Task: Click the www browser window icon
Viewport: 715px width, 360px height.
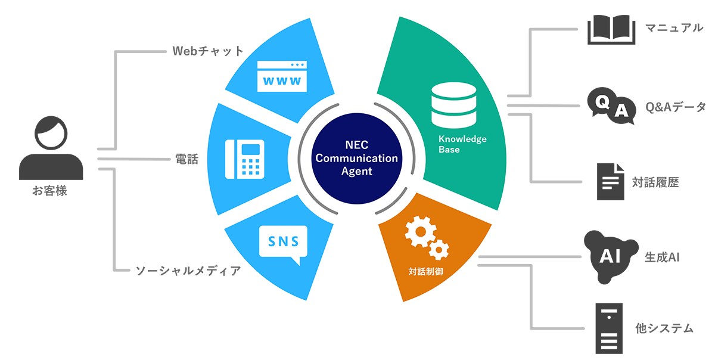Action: pyautogui.click(x=280, y=76)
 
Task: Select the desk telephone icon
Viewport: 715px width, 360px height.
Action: pyautogui.click(x=244, y=159)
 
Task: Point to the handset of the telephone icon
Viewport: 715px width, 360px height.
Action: pyautogui.click(x=231, y=159)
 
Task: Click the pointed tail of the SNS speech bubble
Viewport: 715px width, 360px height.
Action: pyautogui.click(x=296, y=260)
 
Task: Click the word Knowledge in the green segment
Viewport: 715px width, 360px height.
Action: pyautogui.click(x=462, y=139)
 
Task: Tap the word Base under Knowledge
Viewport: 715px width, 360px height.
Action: pyautogui.click(x=449, y=150)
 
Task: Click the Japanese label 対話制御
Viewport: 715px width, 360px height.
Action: pyautogui.click(x=425, y=271)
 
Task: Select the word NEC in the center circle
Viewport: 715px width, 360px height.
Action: pyautogui.click(x=357, y=145)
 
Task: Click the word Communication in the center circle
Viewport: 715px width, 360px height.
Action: pyautogui.click(x=357, y=158)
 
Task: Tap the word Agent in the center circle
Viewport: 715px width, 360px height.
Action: pyautogui.click(x=357, y=171)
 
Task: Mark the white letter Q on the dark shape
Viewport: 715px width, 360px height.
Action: pyautogui.click(x=604, y=103)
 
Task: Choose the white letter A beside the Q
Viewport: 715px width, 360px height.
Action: pyautogui.click(x=621, y=111)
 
